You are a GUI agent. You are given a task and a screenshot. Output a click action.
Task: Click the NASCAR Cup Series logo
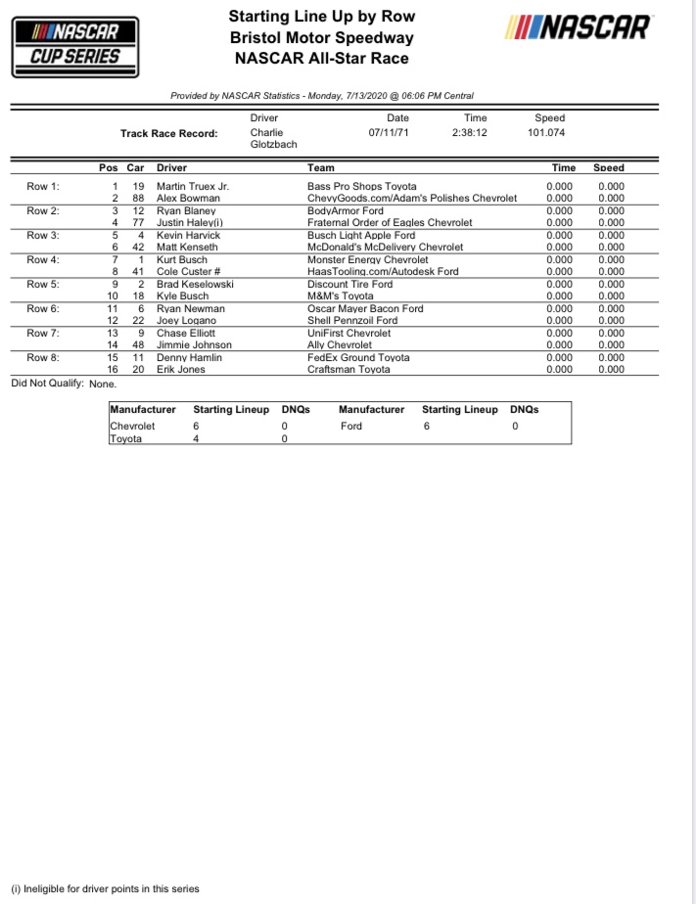74,45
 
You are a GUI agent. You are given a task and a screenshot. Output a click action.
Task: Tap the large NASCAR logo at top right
577,28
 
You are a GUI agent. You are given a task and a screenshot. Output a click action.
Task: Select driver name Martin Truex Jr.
193,186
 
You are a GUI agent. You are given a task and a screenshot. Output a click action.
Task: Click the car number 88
138,198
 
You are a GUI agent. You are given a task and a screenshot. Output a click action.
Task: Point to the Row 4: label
43,259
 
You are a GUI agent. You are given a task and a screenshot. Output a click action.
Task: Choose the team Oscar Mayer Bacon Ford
365,308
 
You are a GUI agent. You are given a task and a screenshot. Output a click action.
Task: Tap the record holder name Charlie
266,133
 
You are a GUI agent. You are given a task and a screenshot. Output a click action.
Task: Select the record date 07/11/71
389,133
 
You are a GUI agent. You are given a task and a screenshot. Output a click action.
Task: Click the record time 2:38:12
470,133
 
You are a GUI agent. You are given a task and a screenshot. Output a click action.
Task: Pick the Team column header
320,167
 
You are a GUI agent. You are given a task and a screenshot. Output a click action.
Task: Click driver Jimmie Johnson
194,345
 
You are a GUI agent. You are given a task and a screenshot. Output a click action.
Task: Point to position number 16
113,370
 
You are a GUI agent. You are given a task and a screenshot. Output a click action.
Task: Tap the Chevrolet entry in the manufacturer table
132,427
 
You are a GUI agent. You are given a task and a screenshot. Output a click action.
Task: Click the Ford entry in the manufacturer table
350,427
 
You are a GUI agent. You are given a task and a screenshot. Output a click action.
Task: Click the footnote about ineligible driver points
105,888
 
